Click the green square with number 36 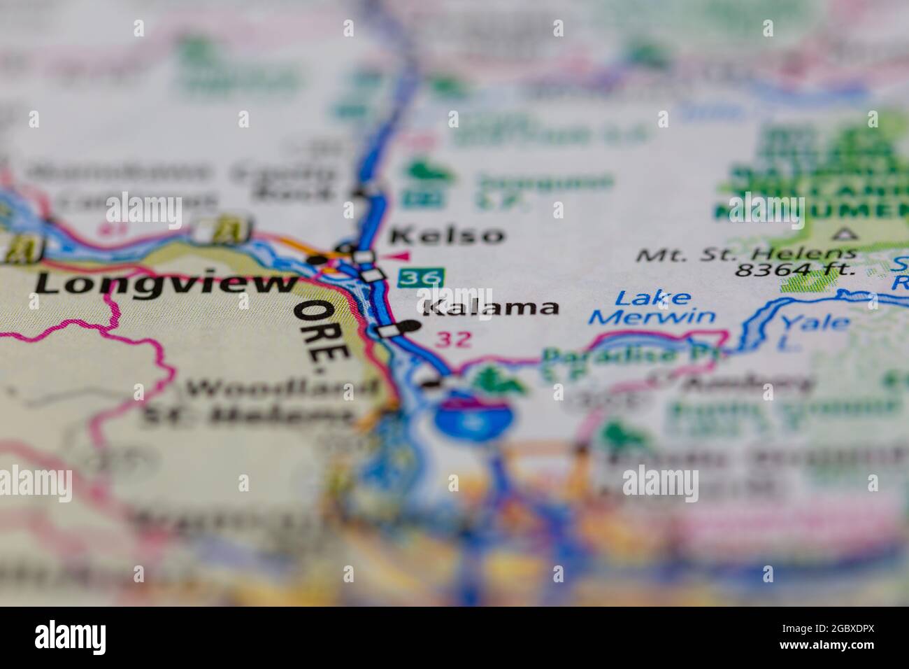(420, 278)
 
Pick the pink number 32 (454, 340)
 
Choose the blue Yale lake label (815, 323)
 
